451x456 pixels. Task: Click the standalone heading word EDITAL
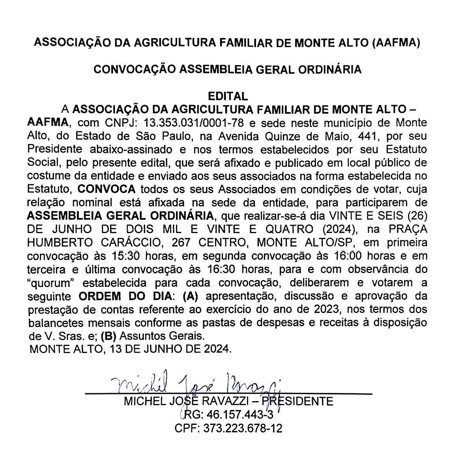[x=228, y=96]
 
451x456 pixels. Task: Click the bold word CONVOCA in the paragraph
[x=107, y=189]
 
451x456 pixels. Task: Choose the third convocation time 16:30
[x=221, y=269]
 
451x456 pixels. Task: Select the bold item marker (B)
[x=108, y=336]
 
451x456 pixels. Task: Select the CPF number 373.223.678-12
[x=243, y=428]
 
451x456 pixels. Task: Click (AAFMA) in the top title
[x=395, y=43]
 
